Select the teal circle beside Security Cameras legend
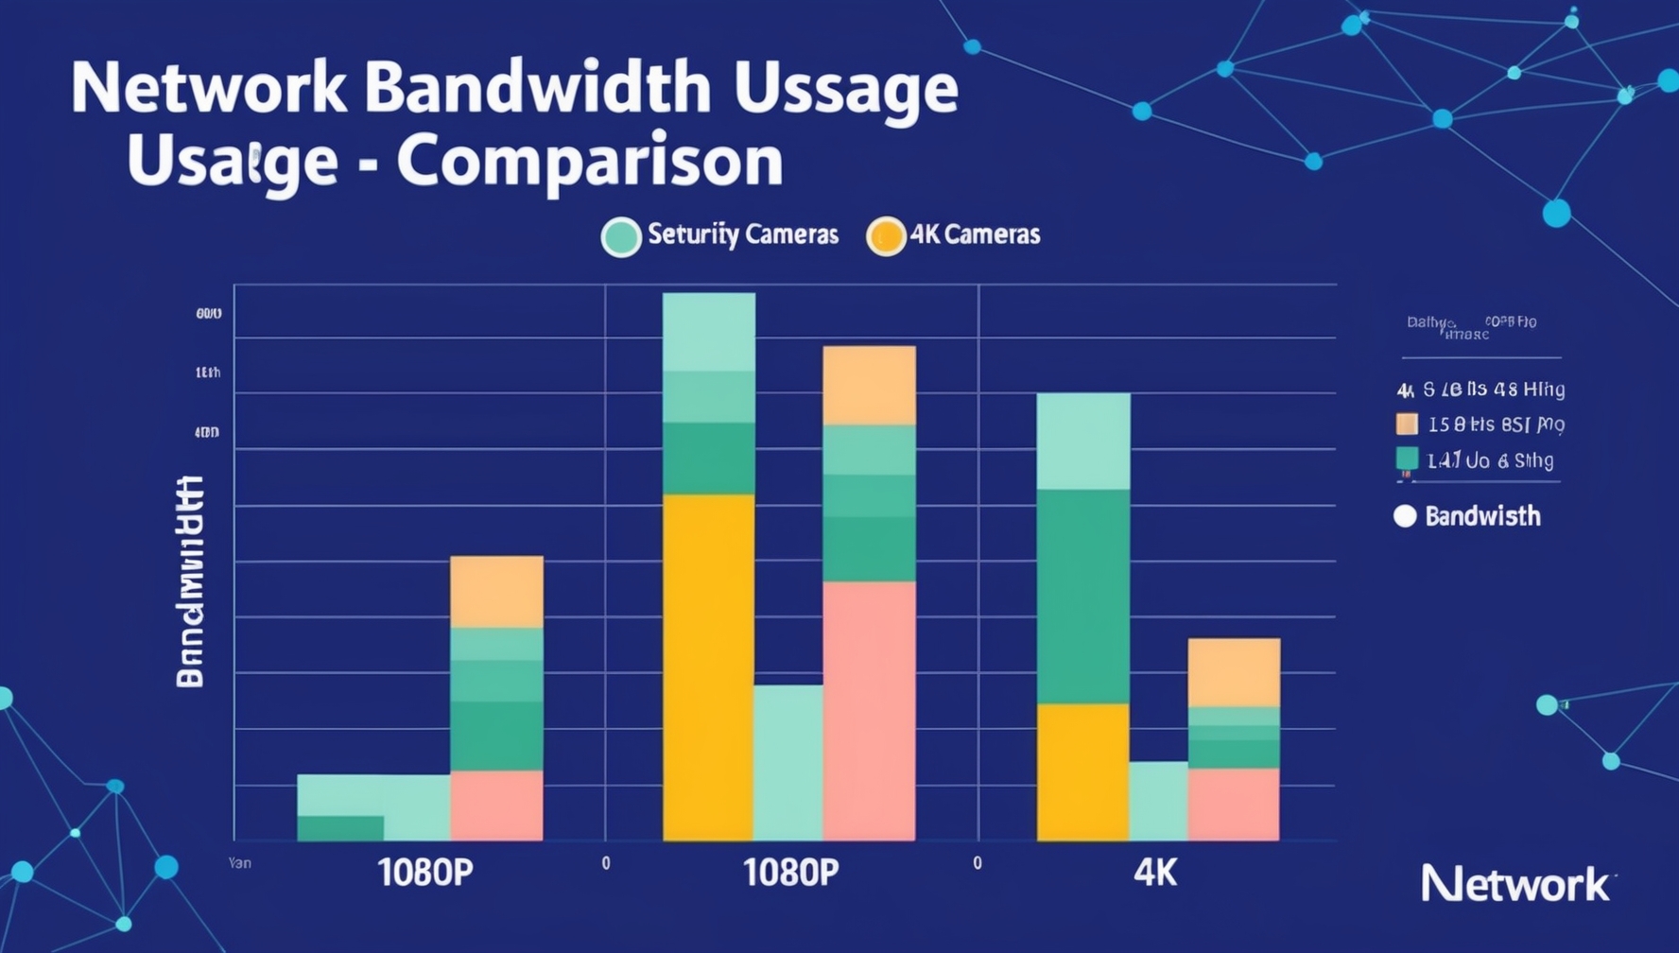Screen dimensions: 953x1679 point(621,236)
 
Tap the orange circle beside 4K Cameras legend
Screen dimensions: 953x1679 point(886,236)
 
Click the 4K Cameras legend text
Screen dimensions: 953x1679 point(975,234)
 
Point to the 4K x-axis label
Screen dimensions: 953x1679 point(1154,873)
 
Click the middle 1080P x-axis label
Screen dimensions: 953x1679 point(790,873)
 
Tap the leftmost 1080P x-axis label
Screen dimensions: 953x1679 point(424,873)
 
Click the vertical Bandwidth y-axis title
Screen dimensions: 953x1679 point(190,581)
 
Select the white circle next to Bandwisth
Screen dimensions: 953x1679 point(1405,516)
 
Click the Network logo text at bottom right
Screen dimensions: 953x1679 point(1515,885)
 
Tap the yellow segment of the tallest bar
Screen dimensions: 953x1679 point(708,667)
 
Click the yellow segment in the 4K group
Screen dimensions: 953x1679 point(1082,771)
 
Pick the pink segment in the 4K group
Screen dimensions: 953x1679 point(1233,804)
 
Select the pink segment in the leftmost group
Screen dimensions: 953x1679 point(496,806)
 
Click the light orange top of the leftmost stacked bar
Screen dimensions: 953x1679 point(496,592)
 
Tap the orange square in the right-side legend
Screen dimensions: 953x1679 point(1407,424)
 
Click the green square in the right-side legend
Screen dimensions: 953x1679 point(1407,459)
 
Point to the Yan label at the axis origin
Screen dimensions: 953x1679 point(239,863)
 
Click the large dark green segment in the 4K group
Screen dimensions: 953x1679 point(1082,596)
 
